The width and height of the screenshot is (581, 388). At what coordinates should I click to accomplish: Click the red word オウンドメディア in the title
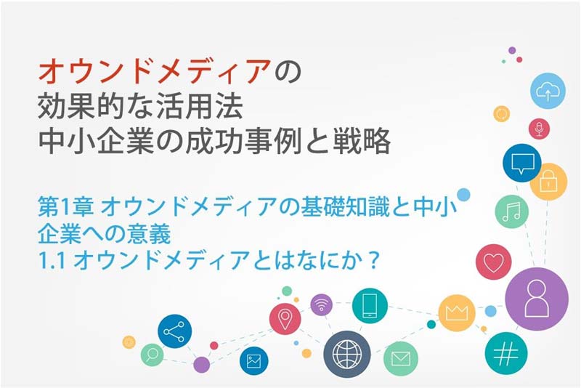tap(154, 71)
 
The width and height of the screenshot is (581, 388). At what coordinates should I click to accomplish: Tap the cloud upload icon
tap(548, 91)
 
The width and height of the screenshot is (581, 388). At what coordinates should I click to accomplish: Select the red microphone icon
tap(539, 129)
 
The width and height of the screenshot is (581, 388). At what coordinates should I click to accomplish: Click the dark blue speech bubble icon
tap(522, 163)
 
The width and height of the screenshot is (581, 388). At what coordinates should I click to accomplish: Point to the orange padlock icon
tap(548, 182)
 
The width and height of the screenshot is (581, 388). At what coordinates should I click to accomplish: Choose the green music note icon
tap(512, 211)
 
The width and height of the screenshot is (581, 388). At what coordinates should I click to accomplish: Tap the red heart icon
tap(494, 262)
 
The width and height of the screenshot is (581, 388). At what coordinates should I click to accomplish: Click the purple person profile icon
tap(537, 299)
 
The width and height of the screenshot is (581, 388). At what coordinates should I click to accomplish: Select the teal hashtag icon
tap(505, 354)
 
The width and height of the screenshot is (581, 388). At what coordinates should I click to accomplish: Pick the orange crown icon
tap(457, 313)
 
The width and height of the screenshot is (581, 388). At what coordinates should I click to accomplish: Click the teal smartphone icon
tap(370, 306)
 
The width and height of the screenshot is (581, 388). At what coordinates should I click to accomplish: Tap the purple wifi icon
tap(321, 304)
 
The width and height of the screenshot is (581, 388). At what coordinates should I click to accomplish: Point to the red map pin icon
tap(285, 319)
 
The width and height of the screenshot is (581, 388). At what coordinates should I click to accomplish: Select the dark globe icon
tap(347, 355)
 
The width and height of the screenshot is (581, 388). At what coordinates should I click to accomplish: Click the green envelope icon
tap(401, 359)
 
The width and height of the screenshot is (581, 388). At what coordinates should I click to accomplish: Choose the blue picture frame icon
tap(253, 360)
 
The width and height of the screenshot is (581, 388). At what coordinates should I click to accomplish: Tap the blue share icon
tap(174, 331)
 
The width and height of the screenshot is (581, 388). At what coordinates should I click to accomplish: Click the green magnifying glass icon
tap(152, 355)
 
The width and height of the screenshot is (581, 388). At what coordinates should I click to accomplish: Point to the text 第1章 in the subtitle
tap(65, 207)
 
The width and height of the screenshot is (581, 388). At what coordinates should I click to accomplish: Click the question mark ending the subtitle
tap(374, 260)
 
